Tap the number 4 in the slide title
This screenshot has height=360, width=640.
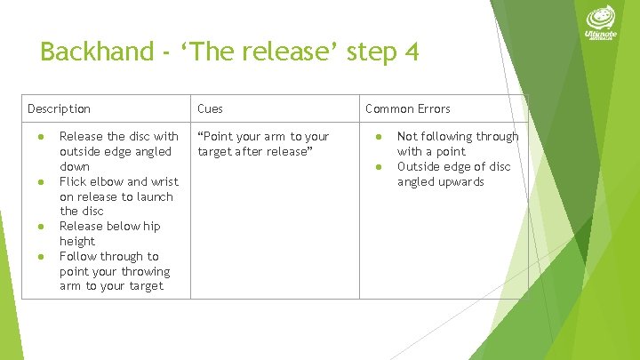[x=410, y=52]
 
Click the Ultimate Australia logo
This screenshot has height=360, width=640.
[x=603, y=27]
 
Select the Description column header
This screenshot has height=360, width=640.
[x=59, y=108]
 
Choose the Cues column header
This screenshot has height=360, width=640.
[x=210, y=108]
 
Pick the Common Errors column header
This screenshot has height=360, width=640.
[x=407, y=108]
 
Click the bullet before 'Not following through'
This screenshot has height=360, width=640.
[x=378, y=137]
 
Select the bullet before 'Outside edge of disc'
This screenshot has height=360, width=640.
[x=378, y=167]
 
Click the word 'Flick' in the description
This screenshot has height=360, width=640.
[x=74, y=181]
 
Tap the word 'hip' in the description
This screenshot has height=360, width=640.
[x=152, y=226]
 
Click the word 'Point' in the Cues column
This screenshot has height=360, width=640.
[x=219, y=136]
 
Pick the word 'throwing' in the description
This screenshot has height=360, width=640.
[x=147, y=271]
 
